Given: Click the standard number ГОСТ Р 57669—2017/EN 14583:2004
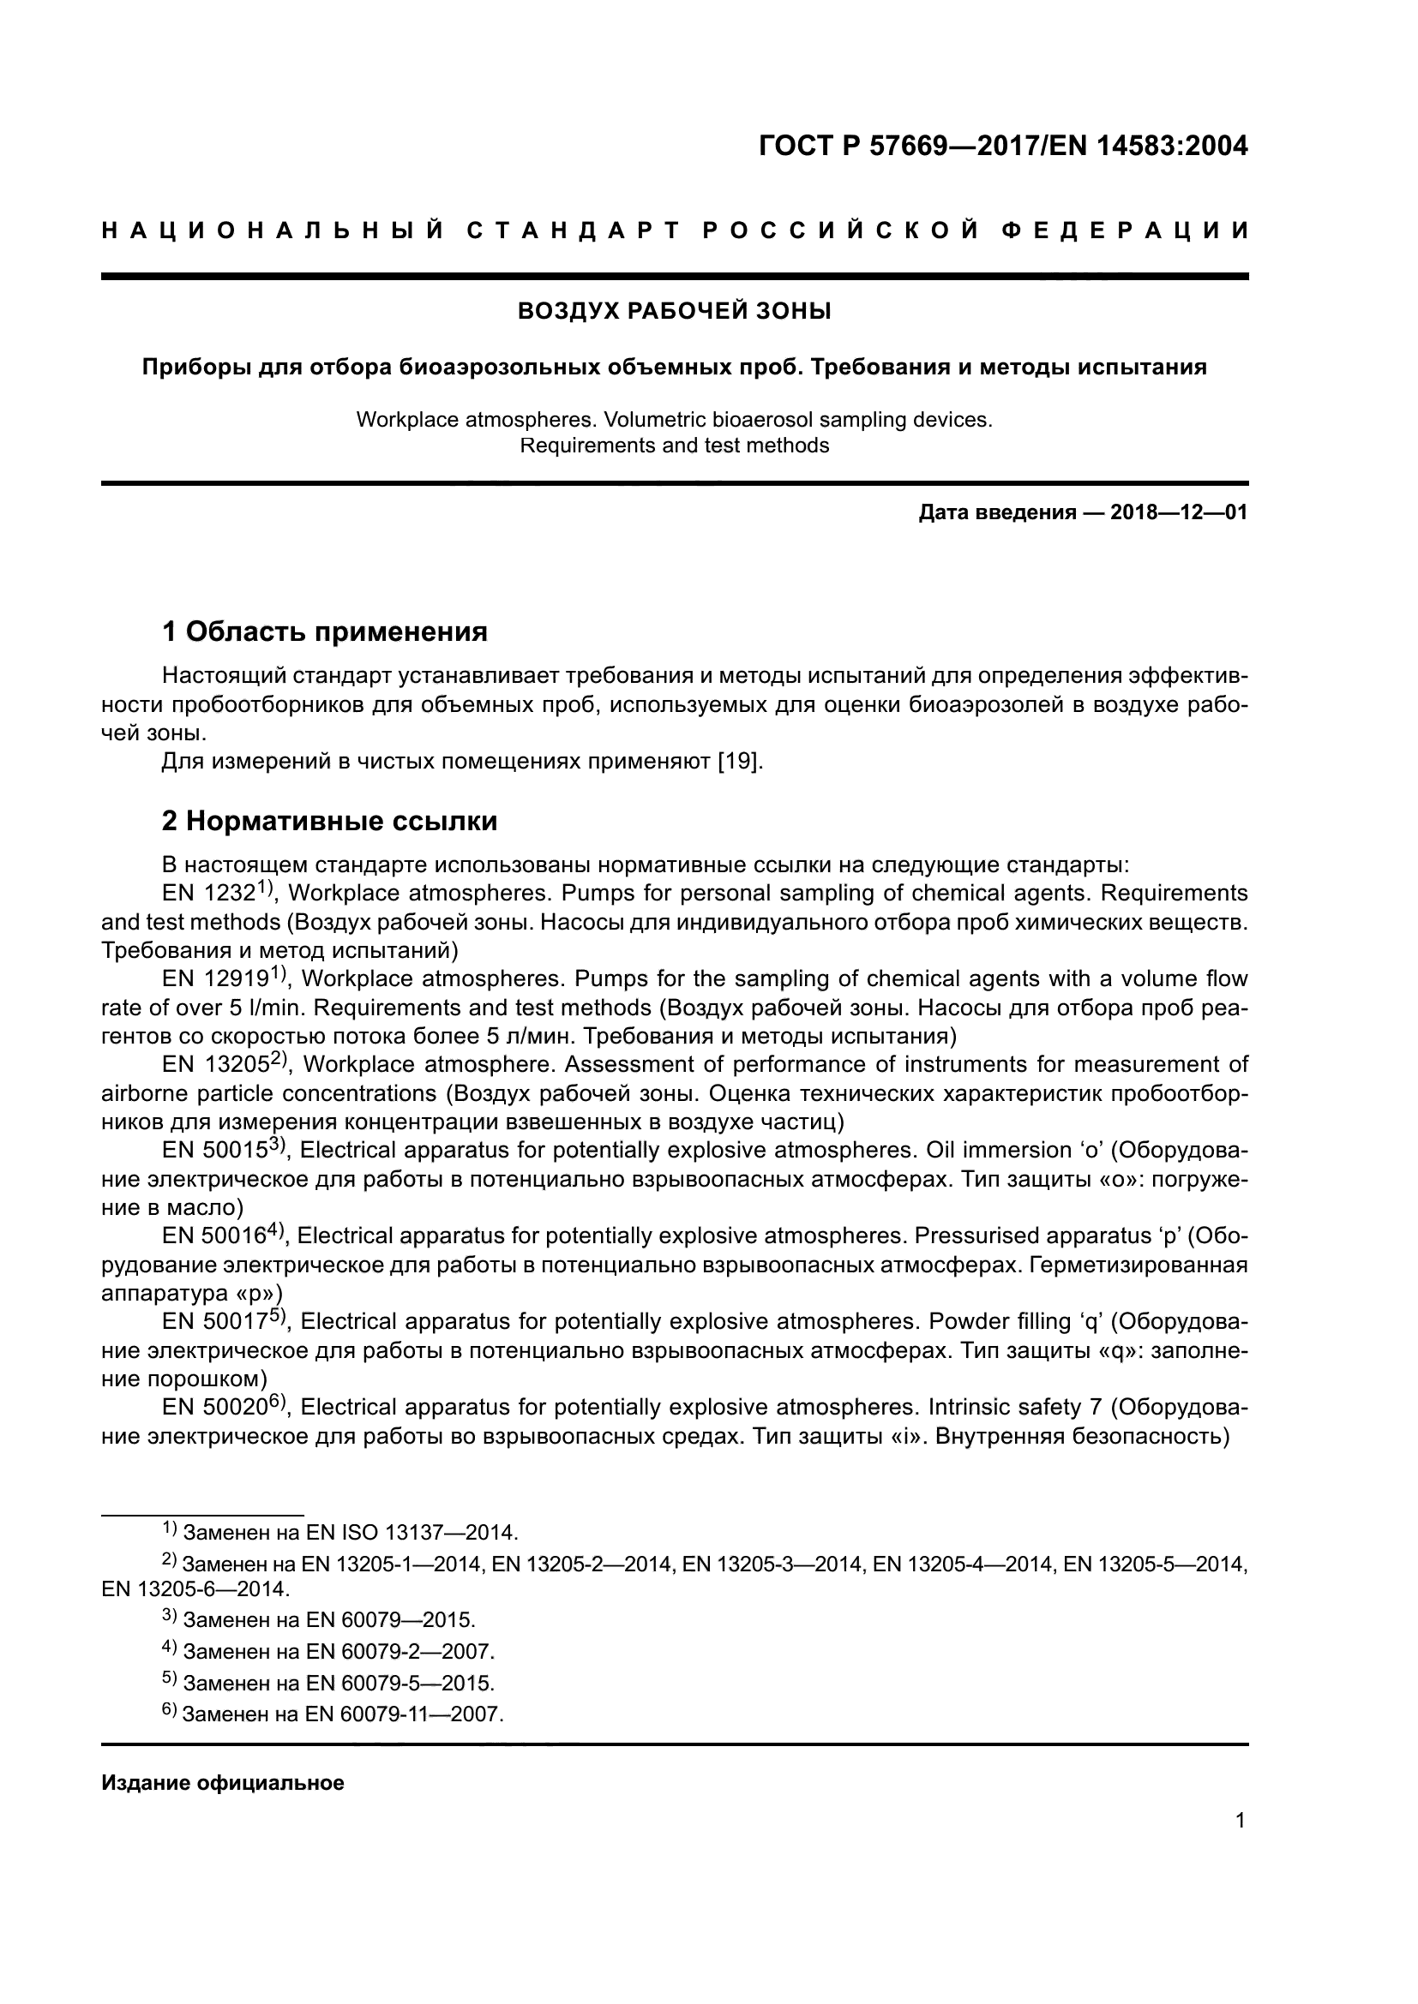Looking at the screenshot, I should tap(1003, 146).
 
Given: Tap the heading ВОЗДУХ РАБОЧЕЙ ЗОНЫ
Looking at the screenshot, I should tap(674, 312).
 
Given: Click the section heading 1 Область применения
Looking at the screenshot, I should tap(324, 631).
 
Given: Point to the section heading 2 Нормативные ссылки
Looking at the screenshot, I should tap(329, 821).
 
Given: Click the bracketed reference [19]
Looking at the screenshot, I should tap(740, 761).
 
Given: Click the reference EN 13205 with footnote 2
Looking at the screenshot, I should tap(215, 1065).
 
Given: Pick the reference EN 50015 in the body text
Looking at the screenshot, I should tap(214, 1151).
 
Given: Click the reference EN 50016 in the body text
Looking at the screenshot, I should tap(213, 1236).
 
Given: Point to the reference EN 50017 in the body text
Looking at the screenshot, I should tap(214, 1321).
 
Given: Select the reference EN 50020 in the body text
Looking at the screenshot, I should tap(214, 1407).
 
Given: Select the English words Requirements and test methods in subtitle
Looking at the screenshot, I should tap(674, 446).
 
